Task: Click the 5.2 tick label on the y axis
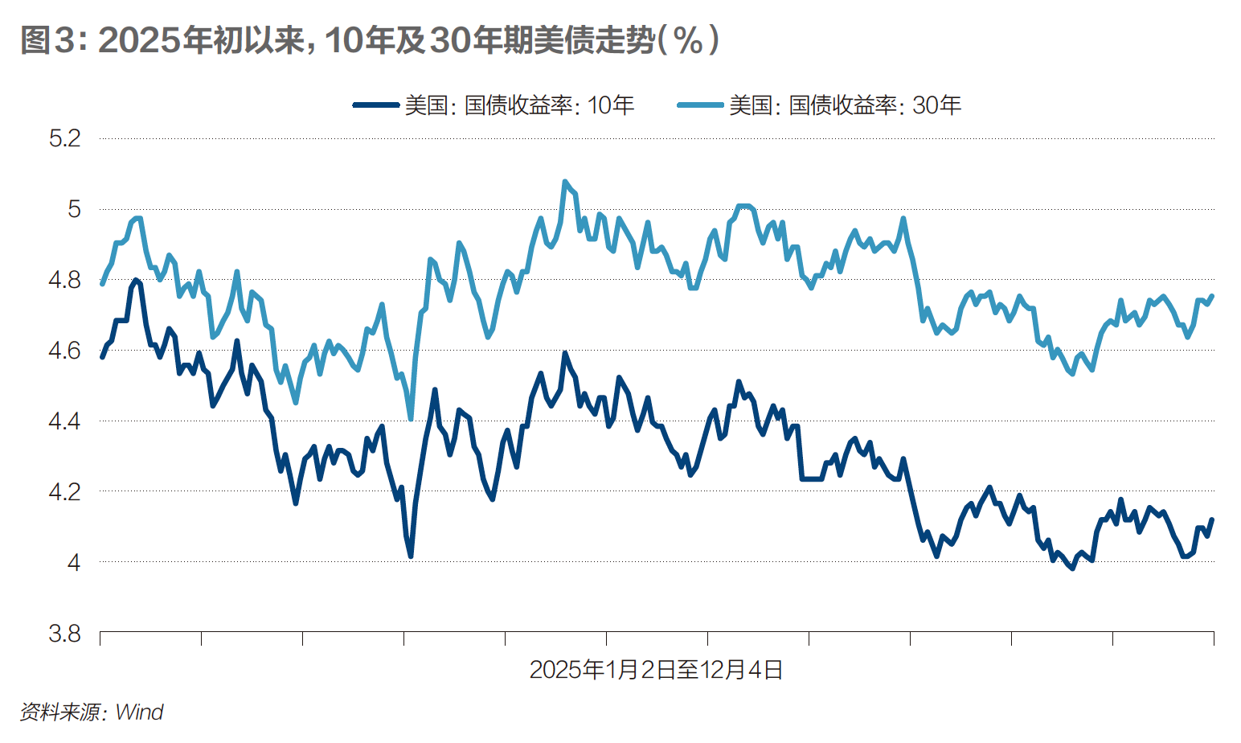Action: point(65,138)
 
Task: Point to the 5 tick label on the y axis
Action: point(74,209)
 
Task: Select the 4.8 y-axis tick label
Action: point(65,280)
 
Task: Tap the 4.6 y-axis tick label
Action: point(65,351)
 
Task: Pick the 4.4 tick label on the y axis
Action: point(65,421)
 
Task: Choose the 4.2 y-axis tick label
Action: point(65,491)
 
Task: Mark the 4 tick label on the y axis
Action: point(74,562)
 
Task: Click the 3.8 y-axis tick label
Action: point(65,634)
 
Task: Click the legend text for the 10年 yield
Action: point(519,105)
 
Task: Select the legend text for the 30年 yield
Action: point(845,105)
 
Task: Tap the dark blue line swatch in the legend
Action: point(376,105)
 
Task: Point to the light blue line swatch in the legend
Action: point(701,105)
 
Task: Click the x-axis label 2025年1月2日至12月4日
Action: point(656,669)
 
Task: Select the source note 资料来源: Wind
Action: point(92,712)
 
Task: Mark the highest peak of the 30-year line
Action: point(565,182)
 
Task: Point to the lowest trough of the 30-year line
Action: point(411,418)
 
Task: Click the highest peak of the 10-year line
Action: point(136,281)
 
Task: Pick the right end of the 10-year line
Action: point(1212,519)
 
